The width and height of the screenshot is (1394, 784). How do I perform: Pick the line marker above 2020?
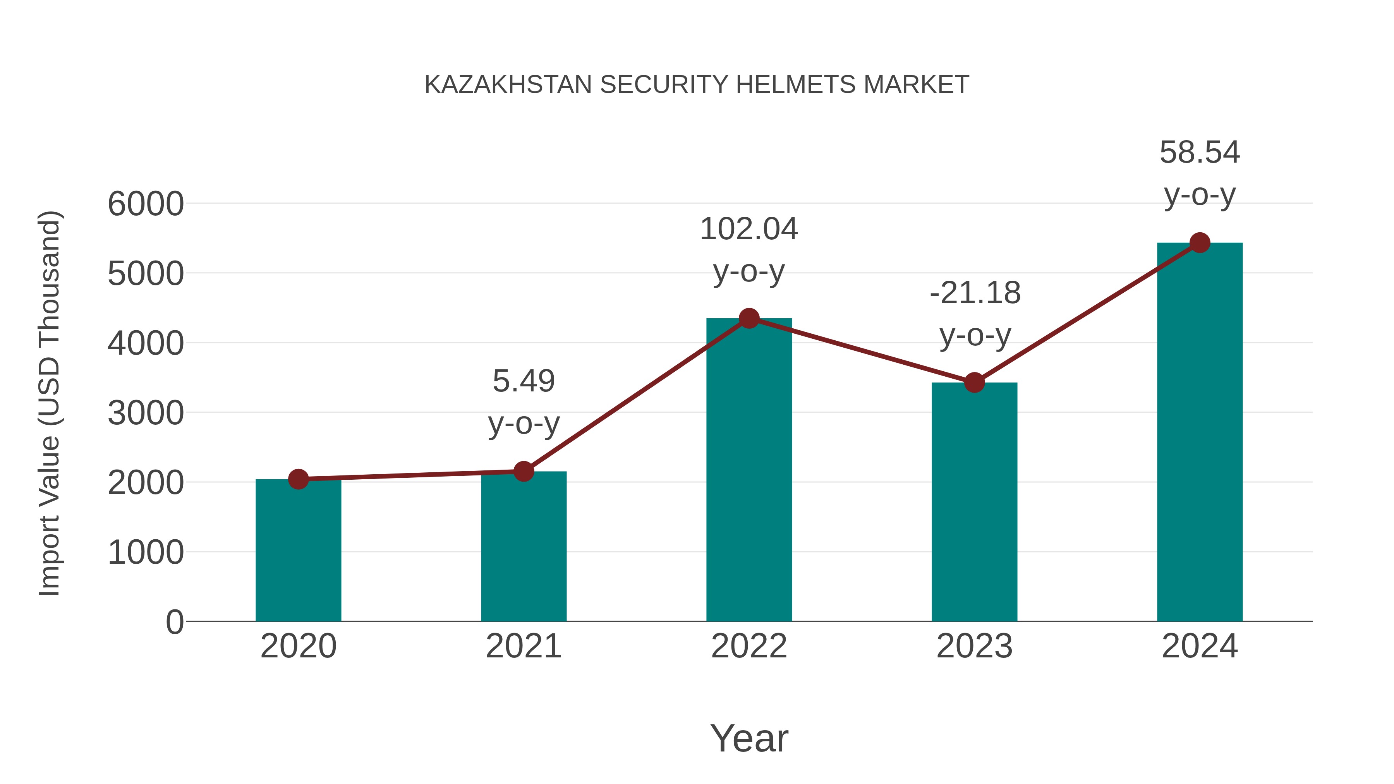[298, 479]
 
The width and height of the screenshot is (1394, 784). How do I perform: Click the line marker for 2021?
[523, 471]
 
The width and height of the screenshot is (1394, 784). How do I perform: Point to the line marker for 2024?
[1200, 243]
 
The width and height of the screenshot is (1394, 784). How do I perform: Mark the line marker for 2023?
[974, 383]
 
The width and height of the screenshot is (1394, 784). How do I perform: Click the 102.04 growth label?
[749, 229]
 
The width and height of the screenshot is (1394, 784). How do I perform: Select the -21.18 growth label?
[975, 293]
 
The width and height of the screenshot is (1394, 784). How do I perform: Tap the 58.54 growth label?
[1200, 152]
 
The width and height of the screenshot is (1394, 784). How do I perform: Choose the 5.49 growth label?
[523, 381]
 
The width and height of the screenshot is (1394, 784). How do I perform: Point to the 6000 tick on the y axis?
[146, 204]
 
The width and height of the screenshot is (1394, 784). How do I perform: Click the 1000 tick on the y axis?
[146, 552]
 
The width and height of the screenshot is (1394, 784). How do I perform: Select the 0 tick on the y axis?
[174, 622]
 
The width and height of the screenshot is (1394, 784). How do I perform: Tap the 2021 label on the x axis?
[523, 646]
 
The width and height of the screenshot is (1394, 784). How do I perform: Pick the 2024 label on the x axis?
[1200, 646]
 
